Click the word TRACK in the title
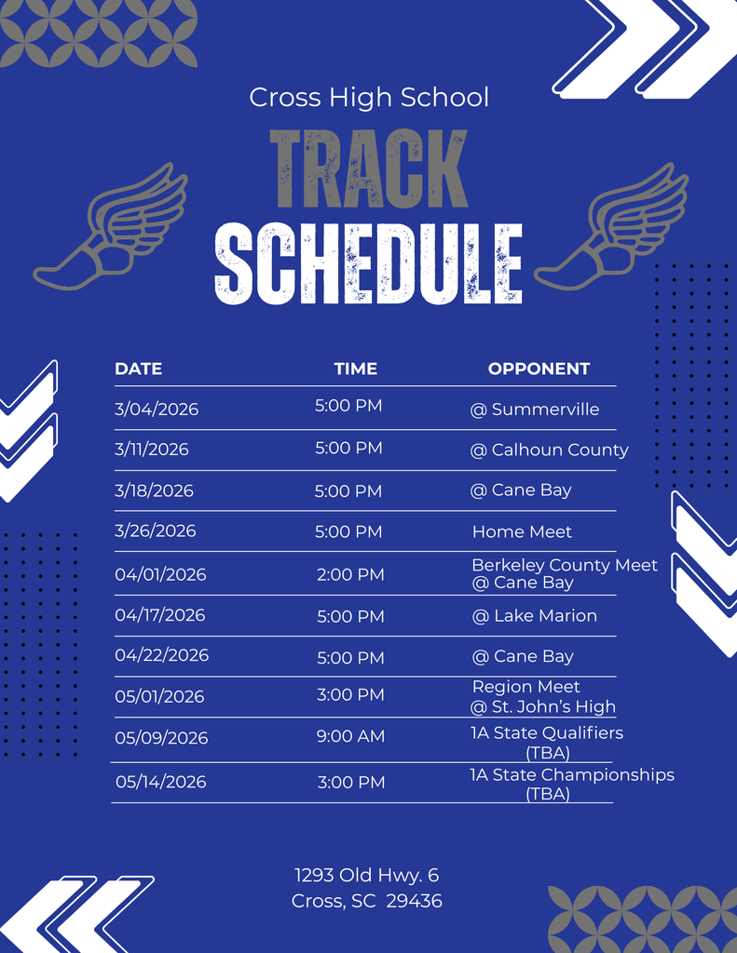[368, 169]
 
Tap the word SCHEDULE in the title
[368, 263]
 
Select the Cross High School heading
[369, 97]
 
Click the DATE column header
[138, 369]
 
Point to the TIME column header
[356, 369]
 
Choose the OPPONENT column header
[539, 369]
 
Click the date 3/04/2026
[157, 409]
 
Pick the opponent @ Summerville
[535, 409]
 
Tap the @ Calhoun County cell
[549, 450]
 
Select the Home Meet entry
[522, 531]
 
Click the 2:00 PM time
[350, 574]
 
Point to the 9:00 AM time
[350, 736]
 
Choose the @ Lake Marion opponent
[535, 615]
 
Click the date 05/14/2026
[161, 782]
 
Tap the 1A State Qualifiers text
[547, 732]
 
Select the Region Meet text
[526, 687]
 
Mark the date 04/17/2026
[160, 615]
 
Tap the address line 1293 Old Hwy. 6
[367, 875]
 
